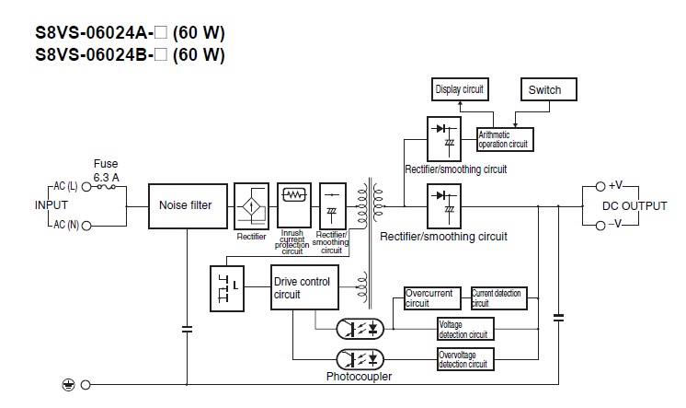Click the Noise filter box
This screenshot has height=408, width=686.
(186, 204)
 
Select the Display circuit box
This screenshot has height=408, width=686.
(460, 89)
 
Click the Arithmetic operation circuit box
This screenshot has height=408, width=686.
(505, 139)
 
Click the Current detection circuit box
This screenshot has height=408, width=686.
(498, 298)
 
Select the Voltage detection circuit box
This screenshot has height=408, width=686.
(464, 329)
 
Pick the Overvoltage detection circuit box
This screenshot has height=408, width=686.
(464, 359)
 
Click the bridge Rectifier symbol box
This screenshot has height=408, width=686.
(251, 206)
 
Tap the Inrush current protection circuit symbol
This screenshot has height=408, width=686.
(293, 196)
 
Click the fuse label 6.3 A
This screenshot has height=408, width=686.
(106, 175)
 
